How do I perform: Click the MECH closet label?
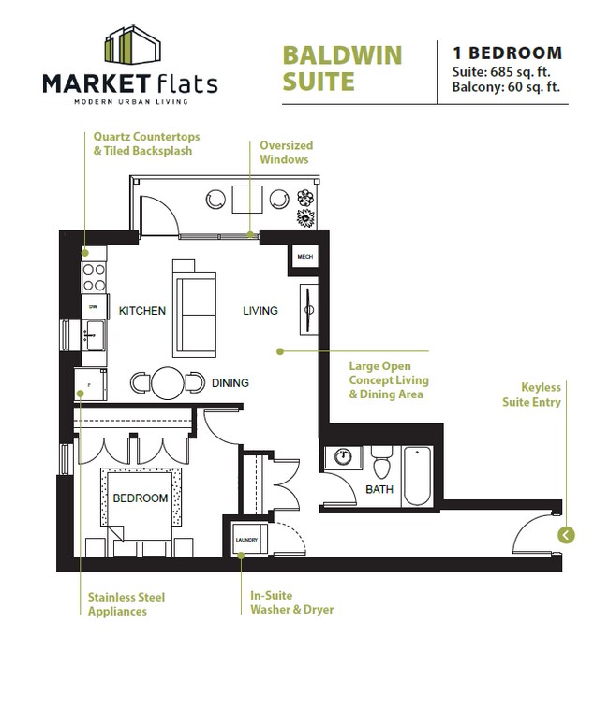click(x=305, y=257)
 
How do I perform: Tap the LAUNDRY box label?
click(x=246, y=540)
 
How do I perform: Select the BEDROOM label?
click(x=141, y=498)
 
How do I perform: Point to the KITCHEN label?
click(x=141, y=310)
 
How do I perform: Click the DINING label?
click(x=230, y=383)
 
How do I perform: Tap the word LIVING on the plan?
click(x=260, y=310)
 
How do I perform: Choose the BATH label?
click(x=379, y=489)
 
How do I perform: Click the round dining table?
click(x=168, y=383)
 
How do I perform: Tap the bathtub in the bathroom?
click(x=418, y=476)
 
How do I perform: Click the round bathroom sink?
click(x=343, y=456)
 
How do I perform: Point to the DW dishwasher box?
click(x=95, y=307)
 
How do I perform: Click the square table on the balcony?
click(x=247, y=200)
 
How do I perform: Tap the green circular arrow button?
click(x=566, y=535)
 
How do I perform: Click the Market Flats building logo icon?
click(x=132, y=45)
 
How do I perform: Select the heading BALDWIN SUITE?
click(x=342, y=68)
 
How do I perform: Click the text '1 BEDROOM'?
click(x=508, y=52)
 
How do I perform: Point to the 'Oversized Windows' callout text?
click(x=286, y=153)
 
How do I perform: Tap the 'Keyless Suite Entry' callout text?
click(x=531, y=394)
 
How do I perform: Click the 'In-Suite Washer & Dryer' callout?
click(x=292, y=602)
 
